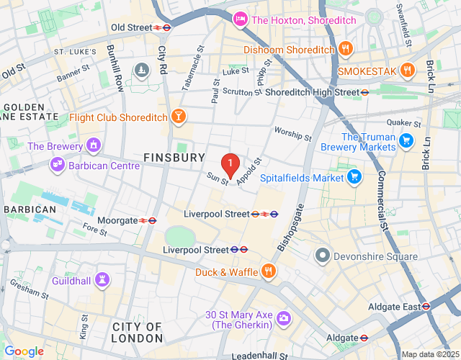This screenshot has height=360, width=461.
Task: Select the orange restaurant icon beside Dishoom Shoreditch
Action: tap(346, 50)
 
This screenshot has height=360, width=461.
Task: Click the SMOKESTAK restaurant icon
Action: tap(408, 71)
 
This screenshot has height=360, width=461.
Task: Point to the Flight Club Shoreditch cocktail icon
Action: tap(178, 117)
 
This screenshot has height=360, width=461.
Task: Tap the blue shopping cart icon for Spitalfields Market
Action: tap(354, 176)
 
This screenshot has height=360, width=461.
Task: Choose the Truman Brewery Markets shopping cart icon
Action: tap(406, 141)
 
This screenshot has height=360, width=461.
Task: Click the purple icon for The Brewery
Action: tap(93, 146)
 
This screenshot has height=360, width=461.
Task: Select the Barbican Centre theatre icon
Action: tap(57, 166)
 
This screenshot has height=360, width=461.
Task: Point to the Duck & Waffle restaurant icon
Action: tap(268, 271)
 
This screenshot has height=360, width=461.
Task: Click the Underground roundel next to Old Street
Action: tap(165, 27)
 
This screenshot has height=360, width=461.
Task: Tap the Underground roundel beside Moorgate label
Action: tap(151, 220)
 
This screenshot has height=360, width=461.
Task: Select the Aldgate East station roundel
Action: tap(426, 305)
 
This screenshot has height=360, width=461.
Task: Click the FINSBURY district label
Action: tap(174, 157)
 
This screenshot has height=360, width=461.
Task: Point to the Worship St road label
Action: tap(293, 133)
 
